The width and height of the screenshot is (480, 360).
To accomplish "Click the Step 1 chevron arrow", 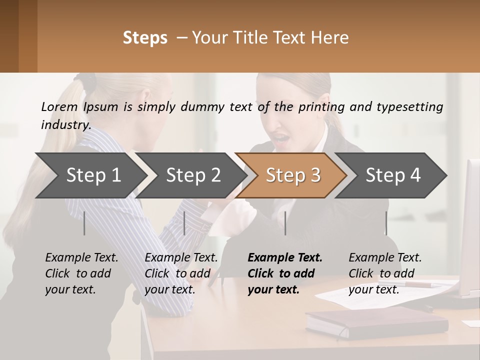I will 93,175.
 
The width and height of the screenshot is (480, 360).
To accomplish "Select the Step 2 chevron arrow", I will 193,175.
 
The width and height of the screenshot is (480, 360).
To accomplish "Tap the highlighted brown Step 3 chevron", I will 292,175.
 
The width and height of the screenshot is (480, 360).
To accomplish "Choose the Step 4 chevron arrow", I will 393,175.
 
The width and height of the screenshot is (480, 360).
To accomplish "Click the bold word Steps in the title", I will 145,37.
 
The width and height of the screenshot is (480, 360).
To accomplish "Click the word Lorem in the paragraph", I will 59,106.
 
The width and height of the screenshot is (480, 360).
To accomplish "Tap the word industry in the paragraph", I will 65,124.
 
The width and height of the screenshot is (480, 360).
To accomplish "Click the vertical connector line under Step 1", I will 84,223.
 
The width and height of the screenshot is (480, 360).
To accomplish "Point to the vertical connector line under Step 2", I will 184,223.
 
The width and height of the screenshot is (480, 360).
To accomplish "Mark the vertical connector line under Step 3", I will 285,223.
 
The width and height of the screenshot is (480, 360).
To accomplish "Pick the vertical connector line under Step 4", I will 386,223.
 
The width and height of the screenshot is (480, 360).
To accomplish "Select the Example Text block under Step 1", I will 81,273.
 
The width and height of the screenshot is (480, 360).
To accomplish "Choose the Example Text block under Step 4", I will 385,273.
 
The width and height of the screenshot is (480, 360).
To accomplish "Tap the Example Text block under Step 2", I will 181,273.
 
